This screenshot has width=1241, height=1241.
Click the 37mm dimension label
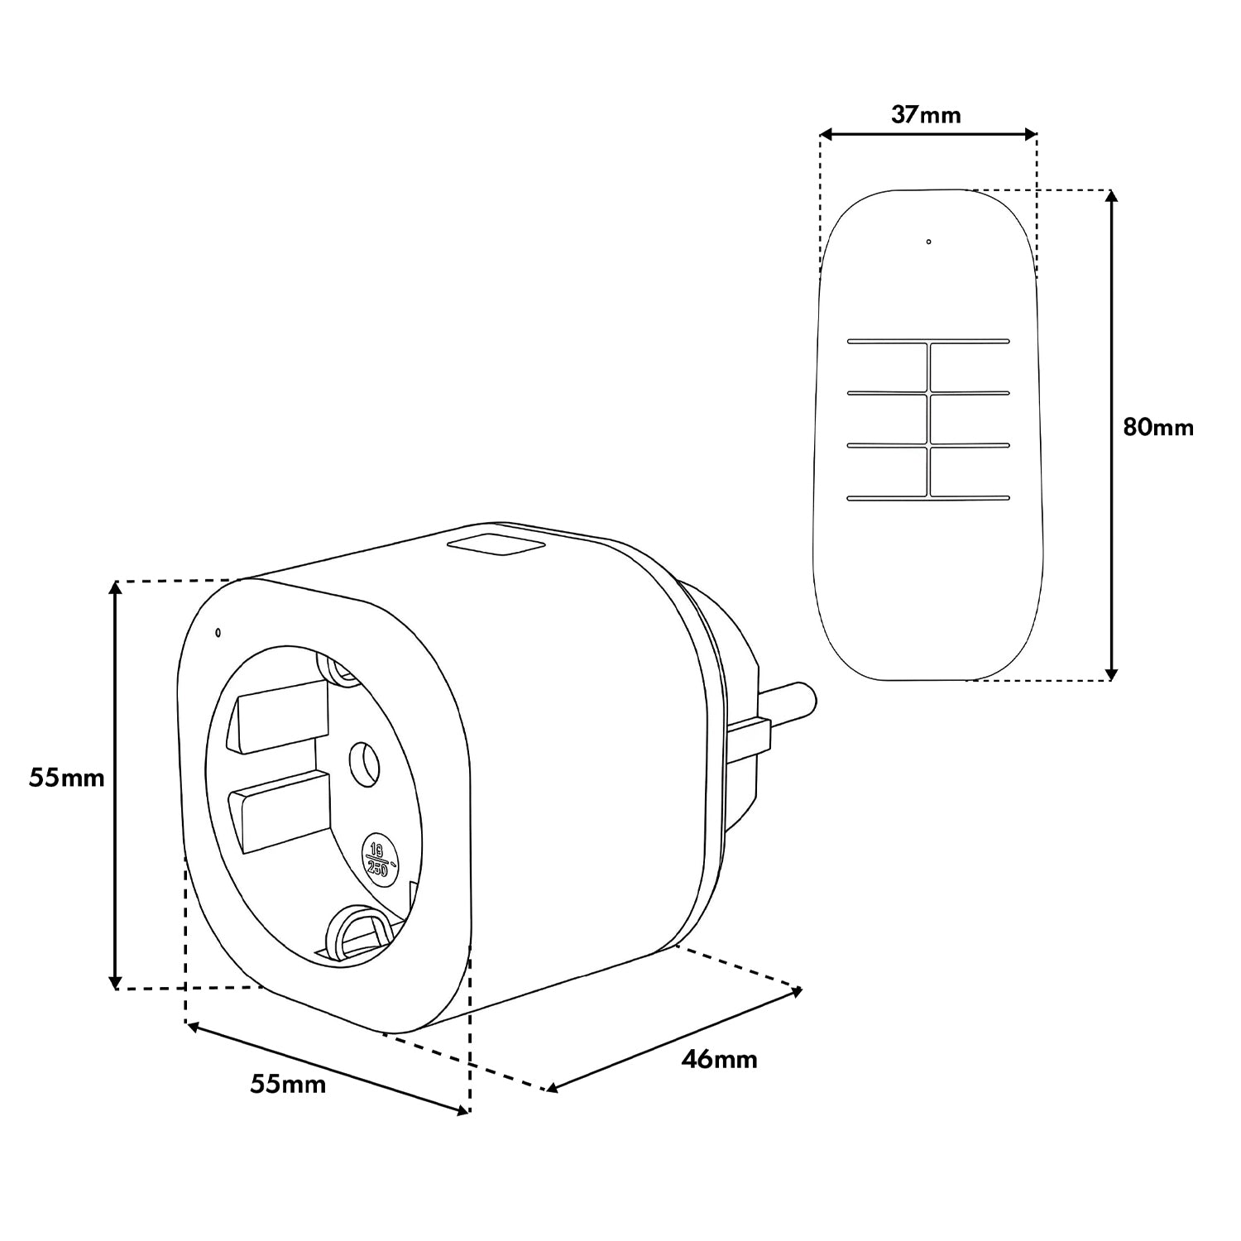pyautogui.click(x=926, y=114)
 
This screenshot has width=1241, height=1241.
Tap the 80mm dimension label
pyautogui.click(x=1158, y=427)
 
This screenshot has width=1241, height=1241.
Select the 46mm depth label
pyautogui.click(x=719, y=1058)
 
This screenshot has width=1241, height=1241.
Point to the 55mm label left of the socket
pyautogui.click(x=67, y=778)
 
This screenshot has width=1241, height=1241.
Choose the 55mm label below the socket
pyautogui.click(x=288, y=1084)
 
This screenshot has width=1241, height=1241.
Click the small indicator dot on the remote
pyautogui.click(x=928, y=242)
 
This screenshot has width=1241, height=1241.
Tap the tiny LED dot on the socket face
pyautogui.click(x=218, y=634)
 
